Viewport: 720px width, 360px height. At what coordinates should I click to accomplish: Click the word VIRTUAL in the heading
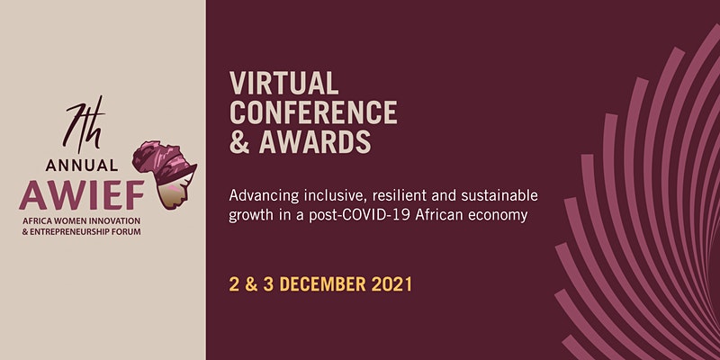(283, 83)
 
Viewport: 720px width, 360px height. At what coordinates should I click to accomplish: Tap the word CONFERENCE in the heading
(313, 112)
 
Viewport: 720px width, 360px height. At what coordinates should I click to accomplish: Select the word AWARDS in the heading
(315, 141)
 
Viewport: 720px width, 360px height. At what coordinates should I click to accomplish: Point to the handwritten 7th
(85, 124)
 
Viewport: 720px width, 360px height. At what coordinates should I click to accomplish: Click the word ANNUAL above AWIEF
(82, 166)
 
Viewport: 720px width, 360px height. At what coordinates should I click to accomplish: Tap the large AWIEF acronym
(82, 194)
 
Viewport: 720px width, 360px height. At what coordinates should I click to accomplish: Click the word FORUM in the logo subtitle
(129, 232)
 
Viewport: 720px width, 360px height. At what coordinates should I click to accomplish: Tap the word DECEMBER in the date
(323, 284)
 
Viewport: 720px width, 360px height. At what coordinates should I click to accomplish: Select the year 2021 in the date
(391, 284)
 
